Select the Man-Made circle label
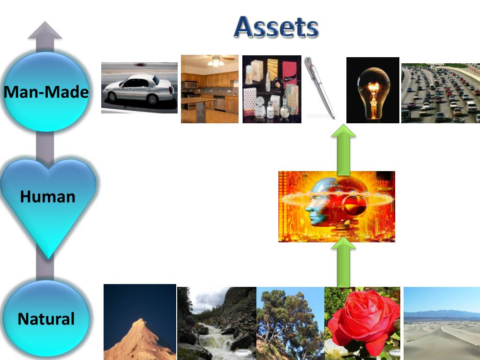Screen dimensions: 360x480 click(x=46, y=92)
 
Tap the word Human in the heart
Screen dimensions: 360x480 click(x=47, y=196)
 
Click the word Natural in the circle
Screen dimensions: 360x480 click(x=46, y=319)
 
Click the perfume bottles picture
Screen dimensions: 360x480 click(x=271, y=89)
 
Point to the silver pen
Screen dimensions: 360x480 click(x=320, y=88)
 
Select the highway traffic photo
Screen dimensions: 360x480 click(x=440, y=93)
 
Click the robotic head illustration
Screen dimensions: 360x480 click(x=337, y=206)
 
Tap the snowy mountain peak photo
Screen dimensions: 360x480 click(x=140, y=323)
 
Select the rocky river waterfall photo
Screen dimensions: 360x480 click(x=217, y=323)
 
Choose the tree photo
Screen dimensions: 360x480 click(x=290, y=323)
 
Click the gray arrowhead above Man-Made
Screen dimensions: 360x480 click(x=45, y=31)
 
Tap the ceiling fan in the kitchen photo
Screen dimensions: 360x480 click(x=216, y=60)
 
